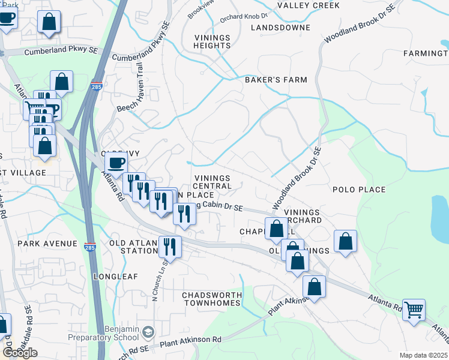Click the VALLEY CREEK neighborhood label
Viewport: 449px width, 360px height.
coord(309,5)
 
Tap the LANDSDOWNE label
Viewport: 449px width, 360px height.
coord(281,28)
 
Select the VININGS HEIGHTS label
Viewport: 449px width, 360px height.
coord(212,41)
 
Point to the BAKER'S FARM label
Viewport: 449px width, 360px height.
coord(276,80)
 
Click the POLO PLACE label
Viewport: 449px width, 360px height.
coord(359,190)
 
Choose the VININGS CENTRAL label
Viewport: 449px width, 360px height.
coord(212,182)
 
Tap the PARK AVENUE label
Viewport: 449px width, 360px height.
coord(47,244)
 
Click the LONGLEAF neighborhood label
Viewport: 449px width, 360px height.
coord(116,277)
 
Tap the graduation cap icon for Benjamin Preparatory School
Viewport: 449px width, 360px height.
coord(149,331)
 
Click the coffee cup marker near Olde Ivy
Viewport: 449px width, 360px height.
coord(116,162)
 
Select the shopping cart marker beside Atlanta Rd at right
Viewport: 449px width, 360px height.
coord(414,310)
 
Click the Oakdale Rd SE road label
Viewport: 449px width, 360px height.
coord(28,320)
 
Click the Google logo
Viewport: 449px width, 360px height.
coord(20,353)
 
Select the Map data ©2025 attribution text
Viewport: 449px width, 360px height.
coord(424,355)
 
